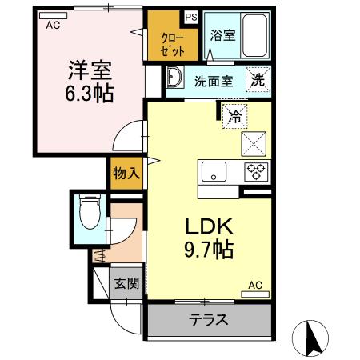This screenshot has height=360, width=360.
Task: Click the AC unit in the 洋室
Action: (x=54, y=24)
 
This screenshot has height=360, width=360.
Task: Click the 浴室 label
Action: (x=223, y=36)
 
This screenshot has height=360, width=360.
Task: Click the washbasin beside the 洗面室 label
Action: (x=176, y=80)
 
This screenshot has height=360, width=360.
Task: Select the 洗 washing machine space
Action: (x=258, y=79)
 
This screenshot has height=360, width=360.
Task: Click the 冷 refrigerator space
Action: (x=234, y=116)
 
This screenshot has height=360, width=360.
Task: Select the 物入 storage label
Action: (x=126, y=171)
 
